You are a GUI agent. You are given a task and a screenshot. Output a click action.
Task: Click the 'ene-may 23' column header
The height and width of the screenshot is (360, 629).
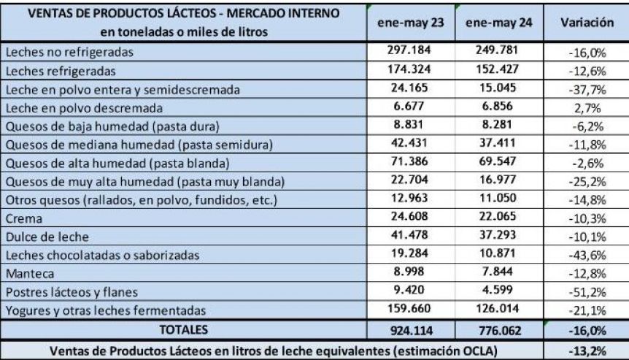click(410, 23)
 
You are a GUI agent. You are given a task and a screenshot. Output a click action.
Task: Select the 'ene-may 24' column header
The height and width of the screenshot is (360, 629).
click(498, 23)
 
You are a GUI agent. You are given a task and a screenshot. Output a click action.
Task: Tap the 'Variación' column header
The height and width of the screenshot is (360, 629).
click(587, 22)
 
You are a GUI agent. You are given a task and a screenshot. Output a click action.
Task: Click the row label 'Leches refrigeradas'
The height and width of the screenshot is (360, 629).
click(61, 71)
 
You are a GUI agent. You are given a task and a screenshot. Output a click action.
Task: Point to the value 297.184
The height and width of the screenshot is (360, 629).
click(409, 50)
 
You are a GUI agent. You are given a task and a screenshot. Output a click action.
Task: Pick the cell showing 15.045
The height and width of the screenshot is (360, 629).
click(498, 88)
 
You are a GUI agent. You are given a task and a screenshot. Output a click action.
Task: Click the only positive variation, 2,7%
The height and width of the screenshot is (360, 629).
click(587, 108)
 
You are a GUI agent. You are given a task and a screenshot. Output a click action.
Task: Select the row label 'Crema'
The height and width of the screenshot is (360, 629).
click(24, 218)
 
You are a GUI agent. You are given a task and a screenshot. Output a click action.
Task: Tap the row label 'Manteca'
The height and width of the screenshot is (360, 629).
click(30, 274)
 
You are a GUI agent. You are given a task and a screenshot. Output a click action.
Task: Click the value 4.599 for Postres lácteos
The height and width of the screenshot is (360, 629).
click(498, 290)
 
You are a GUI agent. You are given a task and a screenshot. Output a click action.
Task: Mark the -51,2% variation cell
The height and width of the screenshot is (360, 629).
click(587, 292)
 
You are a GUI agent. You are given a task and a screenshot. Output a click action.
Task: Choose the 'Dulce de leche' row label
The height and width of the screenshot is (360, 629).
click(47, 237)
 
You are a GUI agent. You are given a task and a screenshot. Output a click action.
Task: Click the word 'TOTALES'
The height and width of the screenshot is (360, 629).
click(184, 329)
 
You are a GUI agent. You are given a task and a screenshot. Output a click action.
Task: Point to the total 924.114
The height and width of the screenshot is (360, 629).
click(411, 330)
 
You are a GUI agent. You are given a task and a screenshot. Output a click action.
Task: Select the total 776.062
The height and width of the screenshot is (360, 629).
click(499, 330)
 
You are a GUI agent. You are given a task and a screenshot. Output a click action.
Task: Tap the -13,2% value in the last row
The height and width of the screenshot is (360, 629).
click(587, 351)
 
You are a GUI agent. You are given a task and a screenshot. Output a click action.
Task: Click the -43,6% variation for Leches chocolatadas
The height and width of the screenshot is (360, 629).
click(587, 256)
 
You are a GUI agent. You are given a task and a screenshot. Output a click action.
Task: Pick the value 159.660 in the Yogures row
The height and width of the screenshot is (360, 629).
click(409, 308)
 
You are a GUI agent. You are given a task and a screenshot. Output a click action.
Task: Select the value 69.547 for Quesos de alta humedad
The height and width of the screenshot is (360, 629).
click(498, 161)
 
